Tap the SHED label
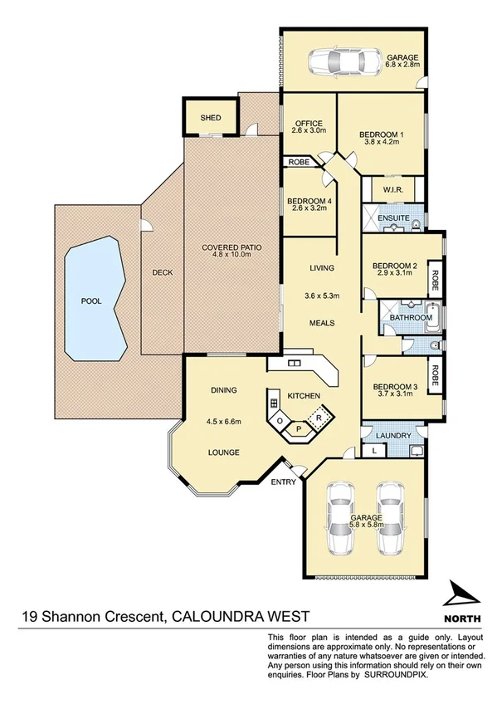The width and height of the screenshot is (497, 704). pos(211,118)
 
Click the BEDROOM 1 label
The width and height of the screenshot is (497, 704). pos(382,134)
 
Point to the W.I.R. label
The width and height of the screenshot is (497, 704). pos(392,191)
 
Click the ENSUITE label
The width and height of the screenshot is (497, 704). pos(395,218)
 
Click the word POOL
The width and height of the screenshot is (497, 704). pos(90,301)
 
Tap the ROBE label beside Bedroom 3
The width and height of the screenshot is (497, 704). pos(433,376)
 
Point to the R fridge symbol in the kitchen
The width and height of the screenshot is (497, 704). pos(318,416)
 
